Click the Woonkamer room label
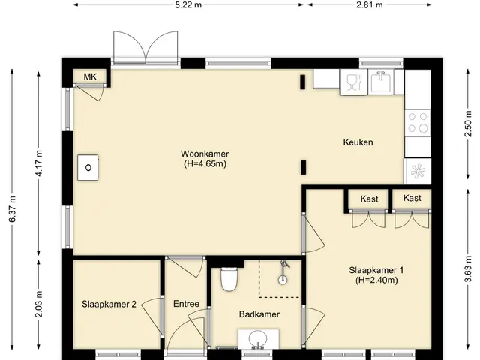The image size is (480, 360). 205,154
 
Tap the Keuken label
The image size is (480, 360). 358,142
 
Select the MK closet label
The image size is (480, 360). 90,76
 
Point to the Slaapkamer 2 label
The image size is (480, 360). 109,304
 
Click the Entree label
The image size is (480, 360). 187,304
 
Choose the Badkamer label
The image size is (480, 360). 259,314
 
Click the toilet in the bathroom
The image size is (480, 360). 229,279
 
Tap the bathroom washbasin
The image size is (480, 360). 258,339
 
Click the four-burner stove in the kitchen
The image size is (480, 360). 418,122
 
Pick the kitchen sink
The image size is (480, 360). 380,82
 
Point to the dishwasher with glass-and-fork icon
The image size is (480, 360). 354,82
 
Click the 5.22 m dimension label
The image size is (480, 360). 188,5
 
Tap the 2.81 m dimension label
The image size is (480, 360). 370,5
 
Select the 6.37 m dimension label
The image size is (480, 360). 12,209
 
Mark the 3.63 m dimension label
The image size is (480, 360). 468,270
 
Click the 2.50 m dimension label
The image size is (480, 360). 468,124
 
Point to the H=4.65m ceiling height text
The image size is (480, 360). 205,163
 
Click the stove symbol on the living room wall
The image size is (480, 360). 88,167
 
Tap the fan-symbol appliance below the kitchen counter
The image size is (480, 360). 418,172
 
